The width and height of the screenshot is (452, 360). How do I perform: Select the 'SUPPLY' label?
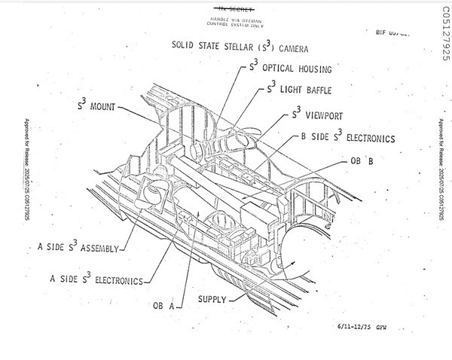[212, 300]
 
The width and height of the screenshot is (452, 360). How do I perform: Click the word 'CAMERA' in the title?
[291, 47]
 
